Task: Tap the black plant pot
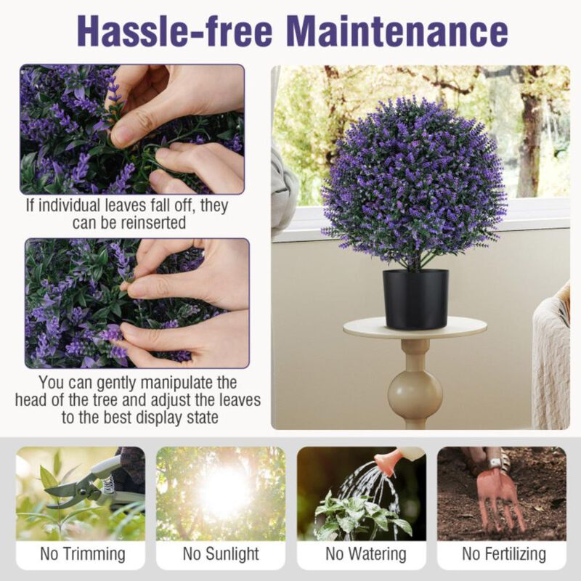point(415,298)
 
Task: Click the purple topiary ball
point(414,182)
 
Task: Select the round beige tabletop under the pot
point(415,328)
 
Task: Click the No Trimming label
point(82,554)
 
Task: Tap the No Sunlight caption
point(221,554)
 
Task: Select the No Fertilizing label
point(504,554)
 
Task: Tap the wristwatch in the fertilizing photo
point(495,462)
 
